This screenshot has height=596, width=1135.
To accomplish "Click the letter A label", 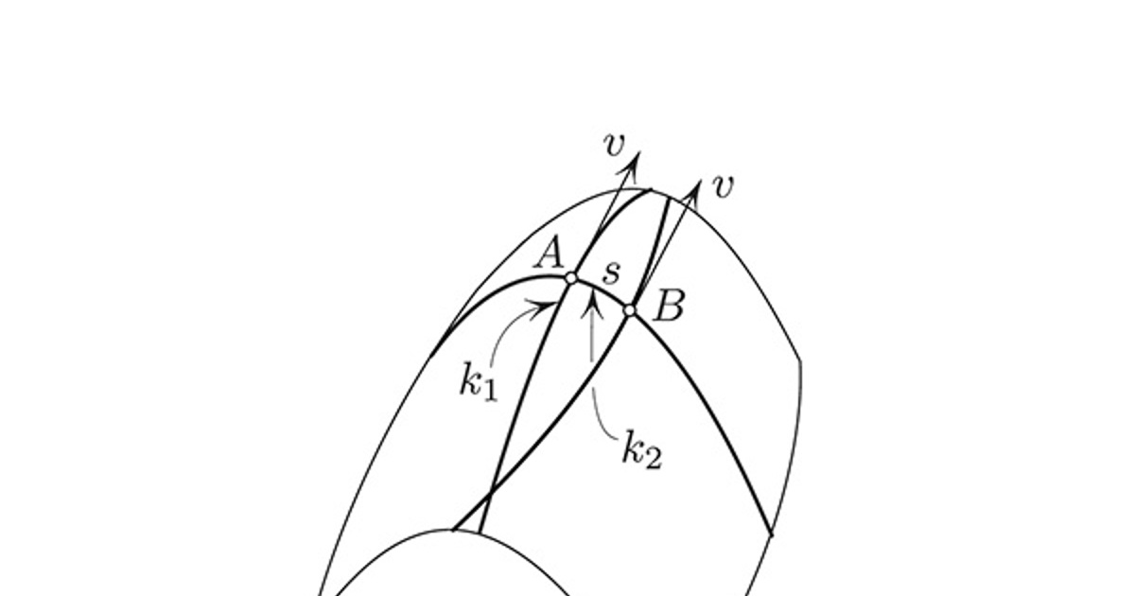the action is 549,254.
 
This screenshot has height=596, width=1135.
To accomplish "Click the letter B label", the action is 670,306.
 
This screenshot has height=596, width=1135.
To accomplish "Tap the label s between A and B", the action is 612,272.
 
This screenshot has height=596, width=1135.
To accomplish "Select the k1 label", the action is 479,381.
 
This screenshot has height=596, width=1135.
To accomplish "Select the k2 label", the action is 642,449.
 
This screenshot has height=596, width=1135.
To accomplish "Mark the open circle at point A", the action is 571,278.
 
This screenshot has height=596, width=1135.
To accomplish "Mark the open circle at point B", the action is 629,310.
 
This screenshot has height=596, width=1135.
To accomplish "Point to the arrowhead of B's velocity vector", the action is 700,181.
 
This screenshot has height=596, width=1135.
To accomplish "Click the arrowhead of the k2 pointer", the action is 592,294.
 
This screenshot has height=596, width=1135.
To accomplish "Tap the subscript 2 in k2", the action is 653,458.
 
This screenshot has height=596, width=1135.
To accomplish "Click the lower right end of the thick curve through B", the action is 771,535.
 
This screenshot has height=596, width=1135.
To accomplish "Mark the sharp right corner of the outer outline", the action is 800,360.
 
